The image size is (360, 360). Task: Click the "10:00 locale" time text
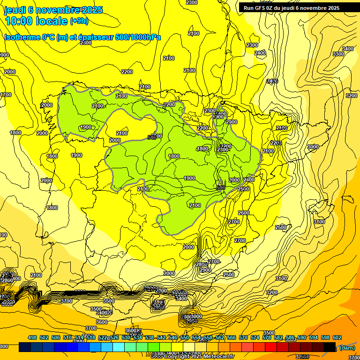click(x=36, y=21)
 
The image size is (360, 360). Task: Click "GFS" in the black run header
click(x=263, y=8)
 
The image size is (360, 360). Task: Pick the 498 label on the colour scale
click(x=32, y=338)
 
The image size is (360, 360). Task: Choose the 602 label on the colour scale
click(x=337, y=338)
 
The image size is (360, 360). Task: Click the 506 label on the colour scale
click(x=56, y=338)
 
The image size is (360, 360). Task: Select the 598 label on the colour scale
click(x=325, y=338)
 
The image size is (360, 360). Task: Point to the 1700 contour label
click(x=6, y=95)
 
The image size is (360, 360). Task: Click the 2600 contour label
click(x=244, y=213)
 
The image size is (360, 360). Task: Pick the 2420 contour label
click(x=272, y=82)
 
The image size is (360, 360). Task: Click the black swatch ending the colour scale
click(x=330, y=347)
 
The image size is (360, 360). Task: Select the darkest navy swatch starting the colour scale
click(x=25, y=347)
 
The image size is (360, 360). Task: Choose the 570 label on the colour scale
click(x=243, y=338)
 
